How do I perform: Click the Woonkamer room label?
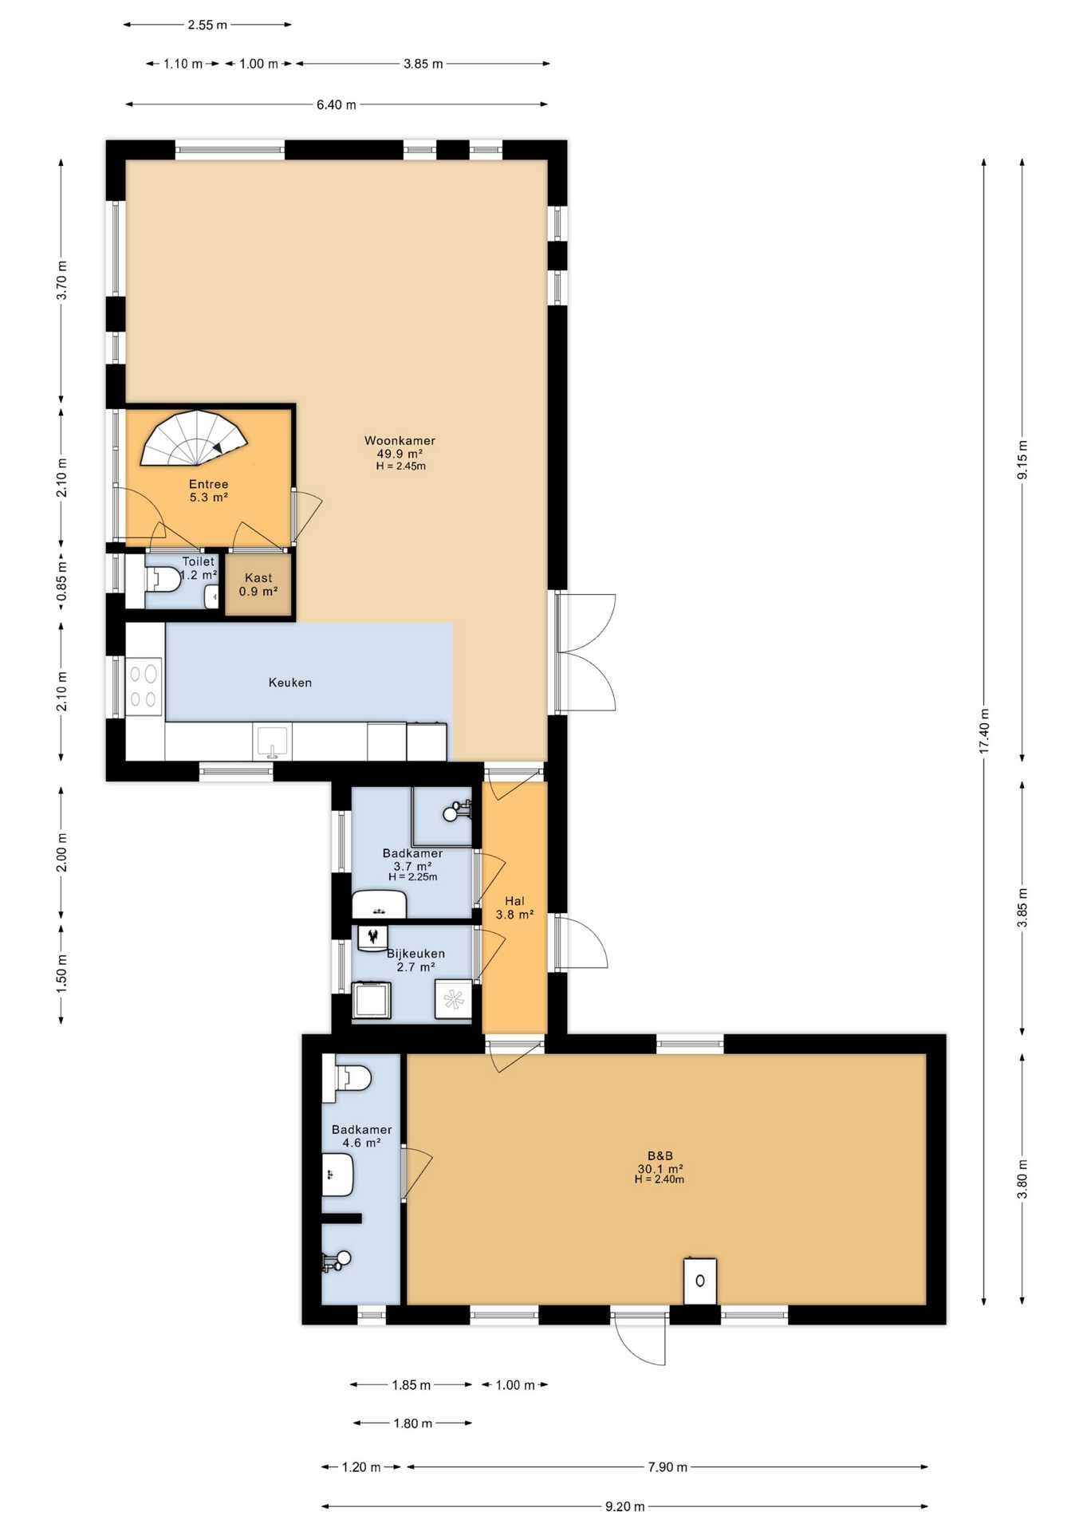pos(400,440)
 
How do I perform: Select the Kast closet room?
pos(258,584)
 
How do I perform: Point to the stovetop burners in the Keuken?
pos(144,687)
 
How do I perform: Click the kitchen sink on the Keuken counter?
pos(272,742)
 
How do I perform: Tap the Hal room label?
pos(514,901)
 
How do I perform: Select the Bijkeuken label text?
pos(415,954)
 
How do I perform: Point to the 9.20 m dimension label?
pos(624,1506)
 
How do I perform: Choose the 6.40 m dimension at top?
pos(337,104)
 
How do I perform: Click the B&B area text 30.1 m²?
pos(660,1169)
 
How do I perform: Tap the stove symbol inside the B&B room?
pos(700,1281)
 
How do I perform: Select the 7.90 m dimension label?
pos(667,1466)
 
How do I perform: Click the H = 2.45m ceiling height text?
pos(400,466)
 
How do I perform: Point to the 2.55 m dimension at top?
pos(207,25)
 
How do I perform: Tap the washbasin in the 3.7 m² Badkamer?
pos(380,906)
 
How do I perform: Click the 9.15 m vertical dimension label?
pos(1022,459)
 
